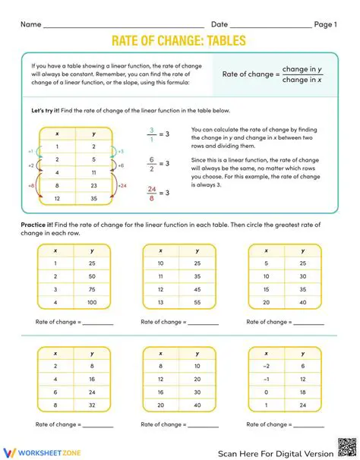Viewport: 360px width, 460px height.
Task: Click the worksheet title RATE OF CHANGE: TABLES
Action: coord(179,41)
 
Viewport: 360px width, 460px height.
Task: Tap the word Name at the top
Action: coord(30,24)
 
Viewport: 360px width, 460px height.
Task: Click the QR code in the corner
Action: coord(346,447)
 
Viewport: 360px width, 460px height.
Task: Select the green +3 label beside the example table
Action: coord(120,152)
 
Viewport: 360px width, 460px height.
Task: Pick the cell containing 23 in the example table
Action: coord(92,185)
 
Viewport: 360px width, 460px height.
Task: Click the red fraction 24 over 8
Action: coord(151,193)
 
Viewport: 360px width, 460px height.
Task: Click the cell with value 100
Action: coord(92,303)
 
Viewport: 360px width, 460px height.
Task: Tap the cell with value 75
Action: coord(92,289)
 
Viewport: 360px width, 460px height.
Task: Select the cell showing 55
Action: coord(197,303)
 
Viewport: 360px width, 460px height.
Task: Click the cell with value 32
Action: coord(92,406)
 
